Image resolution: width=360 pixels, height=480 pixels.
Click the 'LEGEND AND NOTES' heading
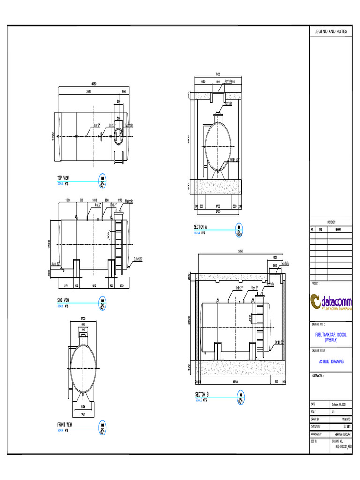[x=330, y=31]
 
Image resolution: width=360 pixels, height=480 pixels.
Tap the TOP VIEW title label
[x=63, y=178]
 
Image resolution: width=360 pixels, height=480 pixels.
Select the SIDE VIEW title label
[x=64, y=300]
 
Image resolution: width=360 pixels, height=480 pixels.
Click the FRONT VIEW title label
[x=65, y=425]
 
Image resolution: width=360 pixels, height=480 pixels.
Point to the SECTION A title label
[x=201, y=227]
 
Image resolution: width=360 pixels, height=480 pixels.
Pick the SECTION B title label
[x=202, y=394]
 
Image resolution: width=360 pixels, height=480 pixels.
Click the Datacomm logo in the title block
[x=331, y=301]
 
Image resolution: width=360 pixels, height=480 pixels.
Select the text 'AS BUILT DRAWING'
[x=331, y=361]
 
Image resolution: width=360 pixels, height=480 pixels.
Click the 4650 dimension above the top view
[x=94, y=84]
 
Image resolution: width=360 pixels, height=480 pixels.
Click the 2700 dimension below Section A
[x=217, y=212]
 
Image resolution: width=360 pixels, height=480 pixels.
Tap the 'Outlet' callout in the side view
[x=138, y=259]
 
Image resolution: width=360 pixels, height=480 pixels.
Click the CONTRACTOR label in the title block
[x=319, y=376]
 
